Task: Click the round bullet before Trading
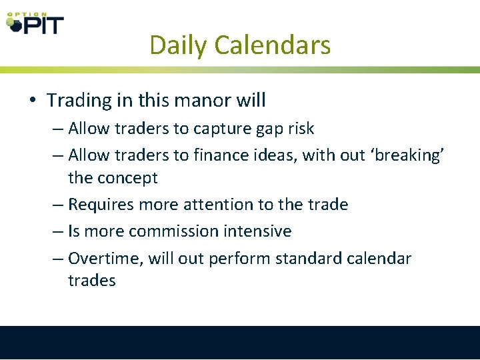tap(32, 101)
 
